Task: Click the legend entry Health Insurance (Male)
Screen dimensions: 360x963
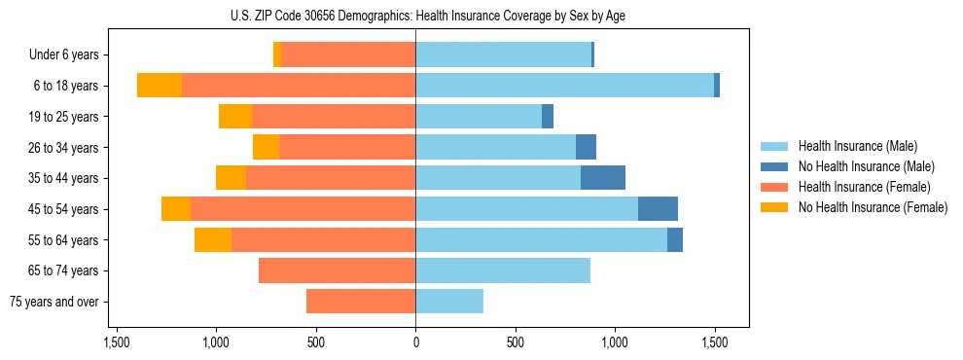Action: (856, 146)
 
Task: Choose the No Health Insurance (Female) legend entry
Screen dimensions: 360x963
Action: (873, 207)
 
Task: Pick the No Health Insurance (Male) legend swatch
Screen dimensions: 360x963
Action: (775, 166)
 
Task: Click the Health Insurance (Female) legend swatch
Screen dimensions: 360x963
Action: (775, 187)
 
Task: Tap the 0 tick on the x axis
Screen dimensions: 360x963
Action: (415, 342)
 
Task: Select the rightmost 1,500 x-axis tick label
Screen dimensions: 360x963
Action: (715, 342)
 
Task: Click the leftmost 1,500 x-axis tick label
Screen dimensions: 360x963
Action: (116, 342)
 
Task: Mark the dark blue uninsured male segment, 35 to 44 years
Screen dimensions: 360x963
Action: (603, 178)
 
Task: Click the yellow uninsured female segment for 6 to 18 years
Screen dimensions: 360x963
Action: (160, 86)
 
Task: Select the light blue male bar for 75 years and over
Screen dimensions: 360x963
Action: (449, 302)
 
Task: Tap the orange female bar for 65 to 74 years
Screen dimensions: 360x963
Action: (337, 270)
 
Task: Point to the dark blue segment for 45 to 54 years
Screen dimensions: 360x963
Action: (658, 209)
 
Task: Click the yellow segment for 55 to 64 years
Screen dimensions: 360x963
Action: (213, 239)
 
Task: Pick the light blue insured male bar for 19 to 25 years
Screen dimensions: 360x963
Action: (479, 117)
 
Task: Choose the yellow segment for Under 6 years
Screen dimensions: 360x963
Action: (277, 55)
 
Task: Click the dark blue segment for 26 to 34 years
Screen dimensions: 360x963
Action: (586, 147)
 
